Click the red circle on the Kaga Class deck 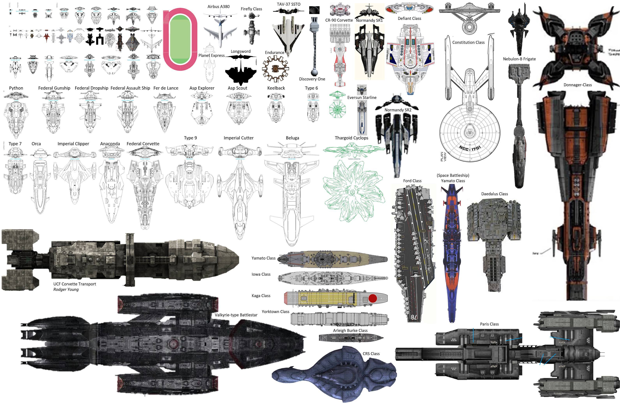point(373,298)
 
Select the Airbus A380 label point(218,6)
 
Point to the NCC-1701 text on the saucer point(470,148)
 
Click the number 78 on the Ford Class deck point(414,317)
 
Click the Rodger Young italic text point(66,289)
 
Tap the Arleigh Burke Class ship point(351,338)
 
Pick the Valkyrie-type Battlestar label point(236,315)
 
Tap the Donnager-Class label point(578,85)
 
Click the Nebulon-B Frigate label point(519,59)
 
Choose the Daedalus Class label point(495,194)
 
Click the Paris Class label point(489,324)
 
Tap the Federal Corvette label point(143,143)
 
